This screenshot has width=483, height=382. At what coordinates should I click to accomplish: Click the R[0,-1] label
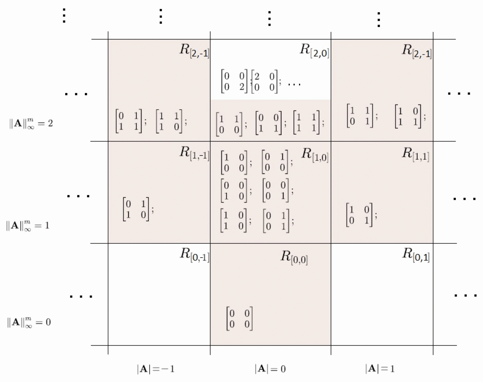coord(194,255)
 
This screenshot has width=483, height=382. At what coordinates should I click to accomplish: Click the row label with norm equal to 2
coord(31,124)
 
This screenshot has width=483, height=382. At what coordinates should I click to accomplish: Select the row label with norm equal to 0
coord(29,322)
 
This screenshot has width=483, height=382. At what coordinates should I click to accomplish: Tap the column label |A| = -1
coord(155,369)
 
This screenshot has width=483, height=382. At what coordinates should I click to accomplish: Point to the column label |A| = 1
coord(380,369)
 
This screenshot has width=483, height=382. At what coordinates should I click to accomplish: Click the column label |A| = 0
coord(270,369)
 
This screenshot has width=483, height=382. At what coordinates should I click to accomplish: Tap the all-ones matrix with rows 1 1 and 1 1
coord(306,122)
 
